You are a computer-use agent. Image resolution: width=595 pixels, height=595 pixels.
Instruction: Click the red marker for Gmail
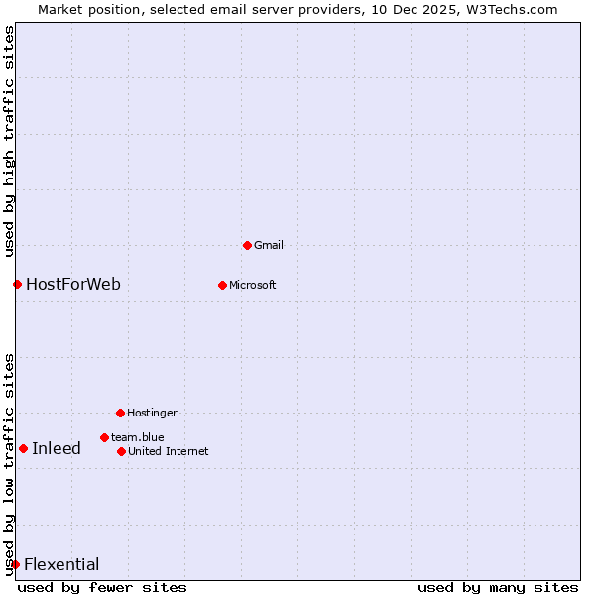click(247, 245)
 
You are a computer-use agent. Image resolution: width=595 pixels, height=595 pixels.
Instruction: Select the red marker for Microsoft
click(222, 285)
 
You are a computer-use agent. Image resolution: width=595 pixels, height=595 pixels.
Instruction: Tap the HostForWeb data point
click(17, 285)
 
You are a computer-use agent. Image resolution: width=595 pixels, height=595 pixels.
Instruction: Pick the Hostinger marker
click(120, 413)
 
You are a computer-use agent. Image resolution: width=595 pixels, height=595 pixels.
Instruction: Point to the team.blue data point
click(104, 437)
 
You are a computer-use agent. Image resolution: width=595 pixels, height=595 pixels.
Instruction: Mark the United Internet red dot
click(121, 451)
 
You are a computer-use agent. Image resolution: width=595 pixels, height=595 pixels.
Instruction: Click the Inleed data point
click(23, 448)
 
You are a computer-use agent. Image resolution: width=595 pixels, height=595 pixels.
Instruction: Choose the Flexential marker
click(15, 565)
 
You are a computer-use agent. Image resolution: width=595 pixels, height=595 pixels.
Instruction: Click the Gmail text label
click(269, 245)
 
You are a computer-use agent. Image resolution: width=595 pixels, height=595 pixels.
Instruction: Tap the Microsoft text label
click(252, 285)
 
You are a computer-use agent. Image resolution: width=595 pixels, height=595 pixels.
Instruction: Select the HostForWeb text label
click(73, 285)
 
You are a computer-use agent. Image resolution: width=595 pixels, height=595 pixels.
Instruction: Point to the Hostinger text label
click(152, 413)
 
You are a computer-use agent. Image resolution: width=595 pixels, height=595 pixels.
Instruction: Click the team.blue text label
click(137, 437)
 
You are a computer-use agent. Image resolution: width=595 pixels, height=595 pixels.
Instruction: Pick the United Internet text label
click(168, 451)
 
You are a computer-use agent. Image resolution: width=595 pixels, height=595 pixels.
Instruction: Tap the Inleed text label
click(57, 448)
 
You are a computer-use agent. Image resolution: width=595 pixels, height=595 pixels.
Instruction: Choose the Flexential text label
click(61, 565)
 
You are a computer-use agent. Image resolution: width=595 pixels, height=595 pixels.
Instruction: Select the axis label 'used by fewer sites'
click(102, 588)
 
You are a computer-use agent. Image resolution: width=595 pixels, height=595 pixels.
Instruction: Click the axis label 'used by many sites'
click(498, 588)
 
